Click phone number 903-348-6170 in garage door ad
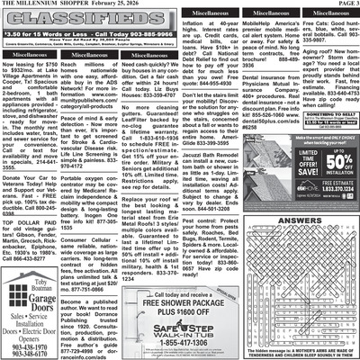click(x=32, y=353)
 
